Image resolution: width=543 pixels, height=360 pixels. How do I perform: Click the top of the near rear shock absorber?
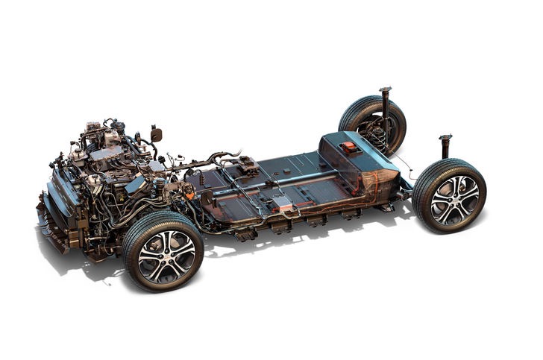[445, 138]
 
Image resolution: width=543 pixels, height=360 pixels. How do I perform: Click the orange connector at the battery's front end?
[189, 195]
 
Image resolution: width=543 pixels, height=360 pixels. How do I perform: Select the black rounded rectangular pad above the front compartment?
[156, 134]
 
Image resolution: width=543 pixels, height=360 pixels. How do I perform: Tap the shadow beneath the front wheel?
[112, 280]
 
